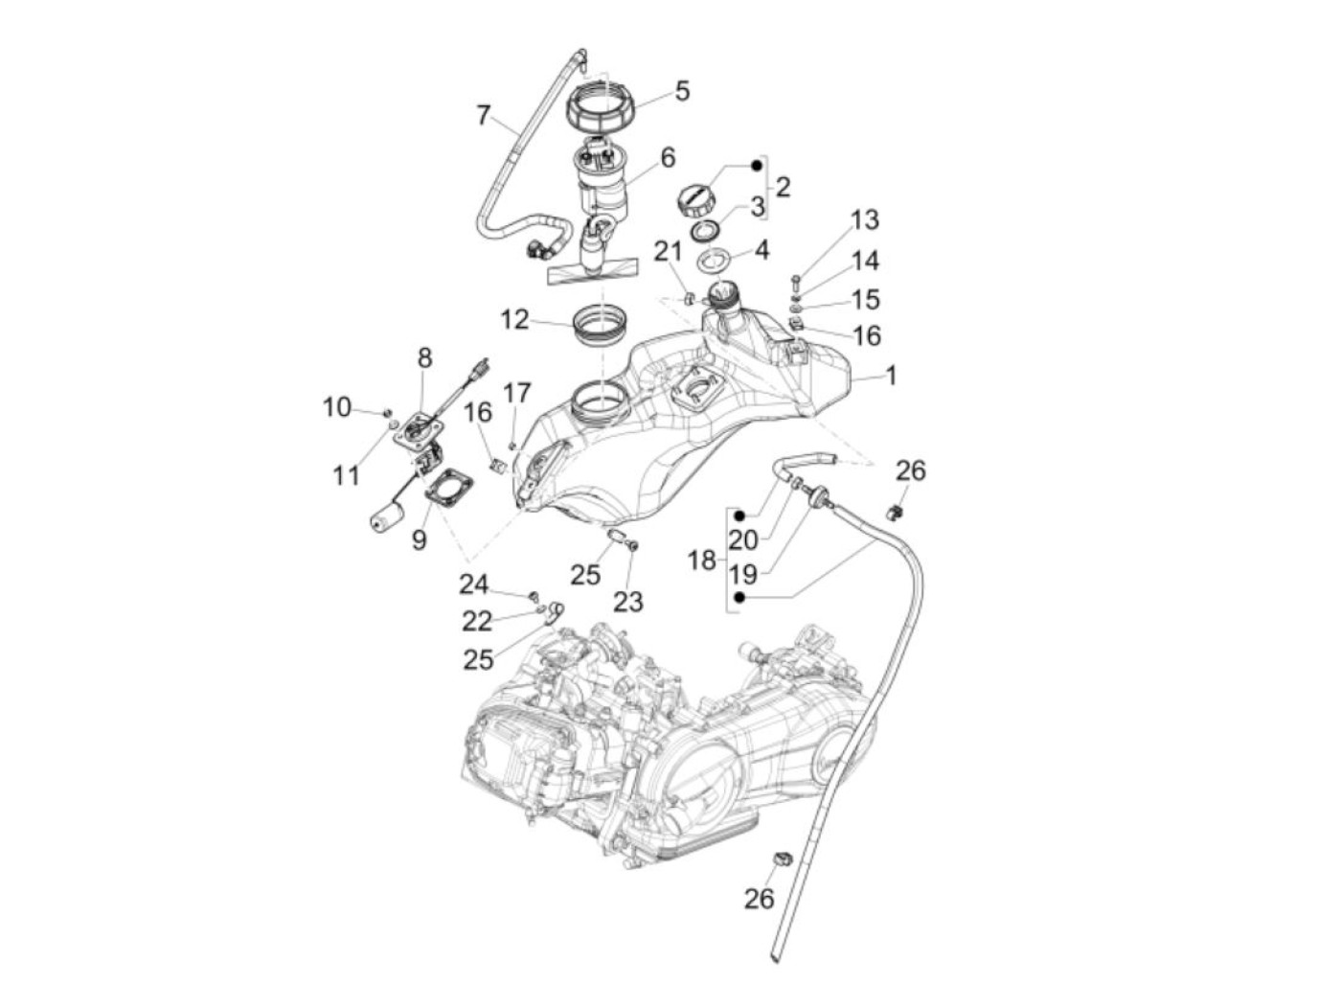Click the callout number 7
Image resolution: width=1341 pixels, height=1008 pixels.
tap(484, 116)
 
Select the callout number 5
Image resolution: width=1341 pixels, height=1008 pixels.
tap(682, 91)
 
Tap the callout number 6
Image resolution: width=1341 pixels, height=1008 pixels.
tap(668, 157)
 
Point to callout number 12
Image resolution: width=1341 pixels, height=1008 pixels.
tap(514, 319)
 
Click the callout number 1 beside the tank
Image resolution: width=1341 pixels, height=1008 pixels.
tap(891, 376)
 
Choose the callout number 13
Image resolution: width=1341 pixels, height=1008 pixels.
tap(864, 220)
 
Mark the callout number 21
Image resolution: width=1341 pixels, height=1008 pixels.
tap(668, 252)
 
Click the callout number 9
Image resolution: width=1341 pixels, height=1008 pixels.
tap(419, 540)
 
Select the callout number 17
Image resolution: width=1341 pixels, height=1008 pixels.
tap(516, 393)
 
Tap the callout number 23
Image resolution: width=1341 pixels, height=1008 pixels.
tap(628, 602)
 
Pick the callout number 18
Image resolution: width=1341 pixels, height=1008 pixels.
tap(702, 560)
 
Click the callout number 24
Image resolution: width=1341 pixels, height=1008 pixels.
tap(473, 584)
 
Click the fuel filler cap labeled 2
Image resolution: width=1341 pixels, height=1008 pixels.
tap(695, 199)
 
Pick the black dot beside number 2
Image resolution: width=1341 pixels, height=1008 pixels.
tap(757, 166)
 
